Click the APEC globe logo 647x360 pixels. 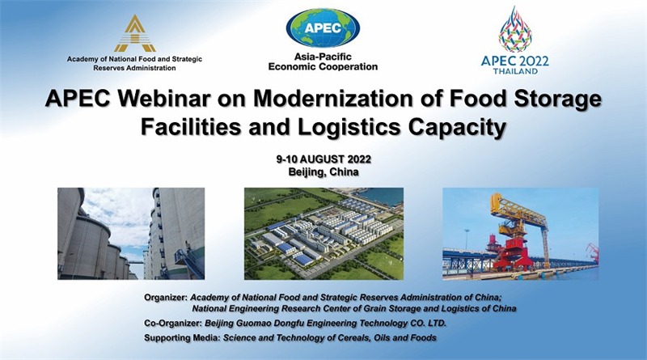(323, 28)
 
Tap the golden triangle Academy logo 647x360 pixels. (135, 34)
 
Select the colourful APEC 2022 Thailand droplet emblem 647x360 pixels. (515, 29)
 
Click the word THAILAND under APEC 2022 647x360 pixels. (515, 71)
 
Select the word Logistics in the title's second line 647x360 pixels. (349, 128)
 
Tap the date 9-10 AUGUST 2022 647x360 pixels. (323, 159)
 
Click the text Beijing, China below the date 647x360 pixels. (323, 172)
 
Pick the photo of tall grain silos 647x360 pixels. (131, 234)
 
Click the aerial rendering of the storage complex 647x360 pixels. (324, 234)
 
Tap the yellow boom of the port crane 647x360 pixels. (520, 210)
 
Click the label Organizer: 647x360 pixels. (166, 297)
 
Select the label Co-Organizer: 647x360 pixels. (173, 324)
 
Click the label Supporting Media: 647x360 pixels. (182, 338)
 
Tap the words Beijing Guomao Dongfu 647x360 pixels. (254, 324)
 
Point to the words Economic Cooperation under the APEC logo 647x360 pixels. (323, 66)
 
